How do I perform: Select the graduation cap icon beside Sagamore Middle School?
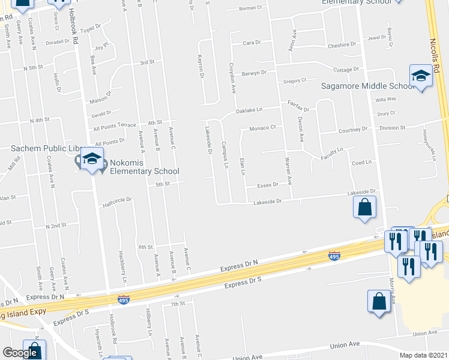(421, 77)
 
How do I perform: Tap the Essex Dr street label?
(268, 185)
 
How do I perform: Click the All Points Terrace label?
(115, 126)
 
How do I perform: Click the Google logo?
(20, 352)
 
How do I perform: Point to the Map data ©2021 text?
(424, 355)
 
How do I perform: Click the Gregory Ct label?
(295, 80)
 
